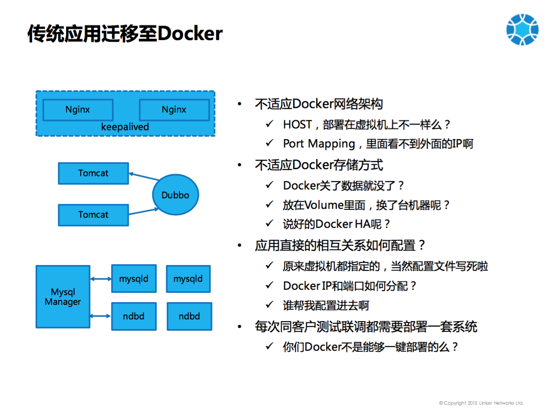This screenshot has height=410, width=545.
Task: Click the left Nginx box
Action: [78, 110]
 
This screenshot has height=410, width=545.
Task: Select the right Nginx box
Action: [174, 110]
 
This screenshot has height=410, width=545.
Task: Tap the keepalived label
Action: [125, 127]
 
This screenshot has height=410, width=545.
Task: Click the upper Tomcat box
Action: [93, 173]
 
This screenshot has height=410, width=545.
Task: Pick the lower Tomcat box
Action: [93, 215]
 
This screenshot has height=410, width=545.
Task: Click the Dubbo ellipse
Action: [175, 195]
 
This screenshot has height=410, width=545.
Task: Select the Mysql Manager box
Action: [63, 297]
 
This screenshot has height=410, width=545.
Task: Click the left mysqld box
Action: [134, 279]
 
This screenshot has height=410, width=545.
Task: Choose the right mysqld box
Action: [188, 279]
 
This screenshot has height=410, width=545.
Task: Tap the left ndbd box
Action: [134, 316]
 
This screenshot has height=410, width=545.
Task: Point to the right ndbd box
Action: [189, 316]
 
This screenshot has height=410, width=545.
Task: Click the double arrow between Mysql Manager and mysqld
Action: [101, 279]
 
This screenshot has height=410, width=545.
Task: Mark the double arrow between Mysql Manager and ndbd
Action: [101, 316]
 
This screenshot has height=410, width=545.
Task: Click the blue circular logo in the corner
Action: [522, 30]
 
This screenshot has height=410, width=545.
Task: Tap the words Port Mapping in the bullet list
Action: [319, 144]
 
